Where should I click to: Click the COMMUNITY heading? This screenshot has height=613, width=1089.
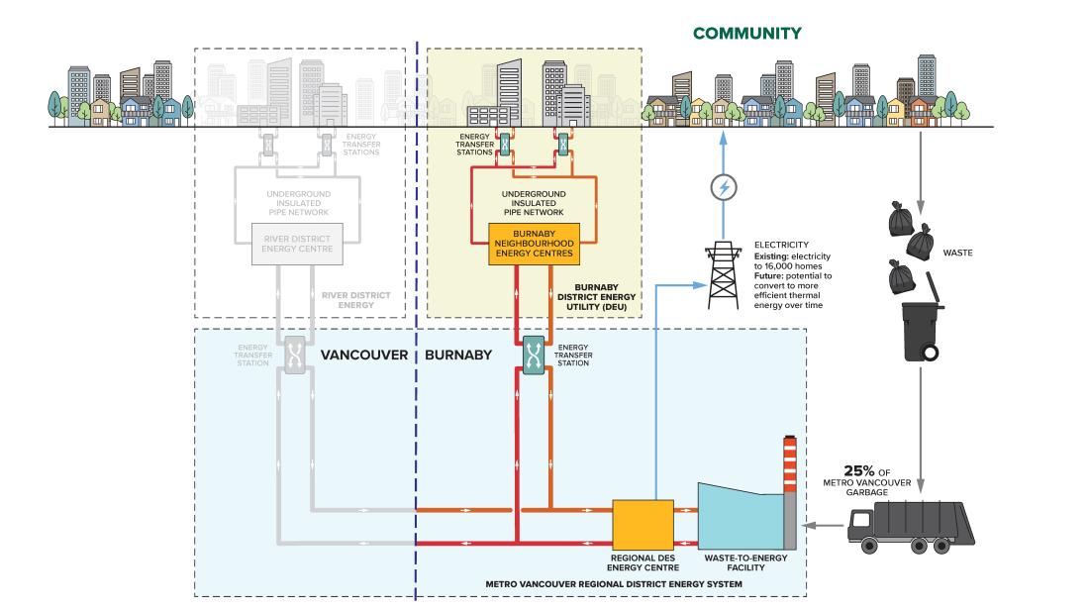746,34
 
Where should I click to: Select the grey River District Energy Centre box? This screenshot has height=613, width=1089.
296,244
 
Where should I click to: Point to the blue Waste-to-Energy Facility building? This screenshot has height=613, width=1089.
739,519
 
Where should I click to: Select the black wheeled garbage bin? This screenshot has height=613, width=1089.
922,333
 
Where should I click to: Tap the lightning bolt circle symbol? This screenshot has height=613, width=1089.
728,187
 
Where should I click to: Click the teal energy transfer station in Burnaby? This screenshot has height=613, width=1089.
534,355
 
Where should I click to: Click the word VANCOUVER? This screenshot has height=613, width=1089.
359,353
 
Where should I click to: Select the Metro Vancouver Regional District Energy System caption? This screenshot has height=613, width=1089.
614,584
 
